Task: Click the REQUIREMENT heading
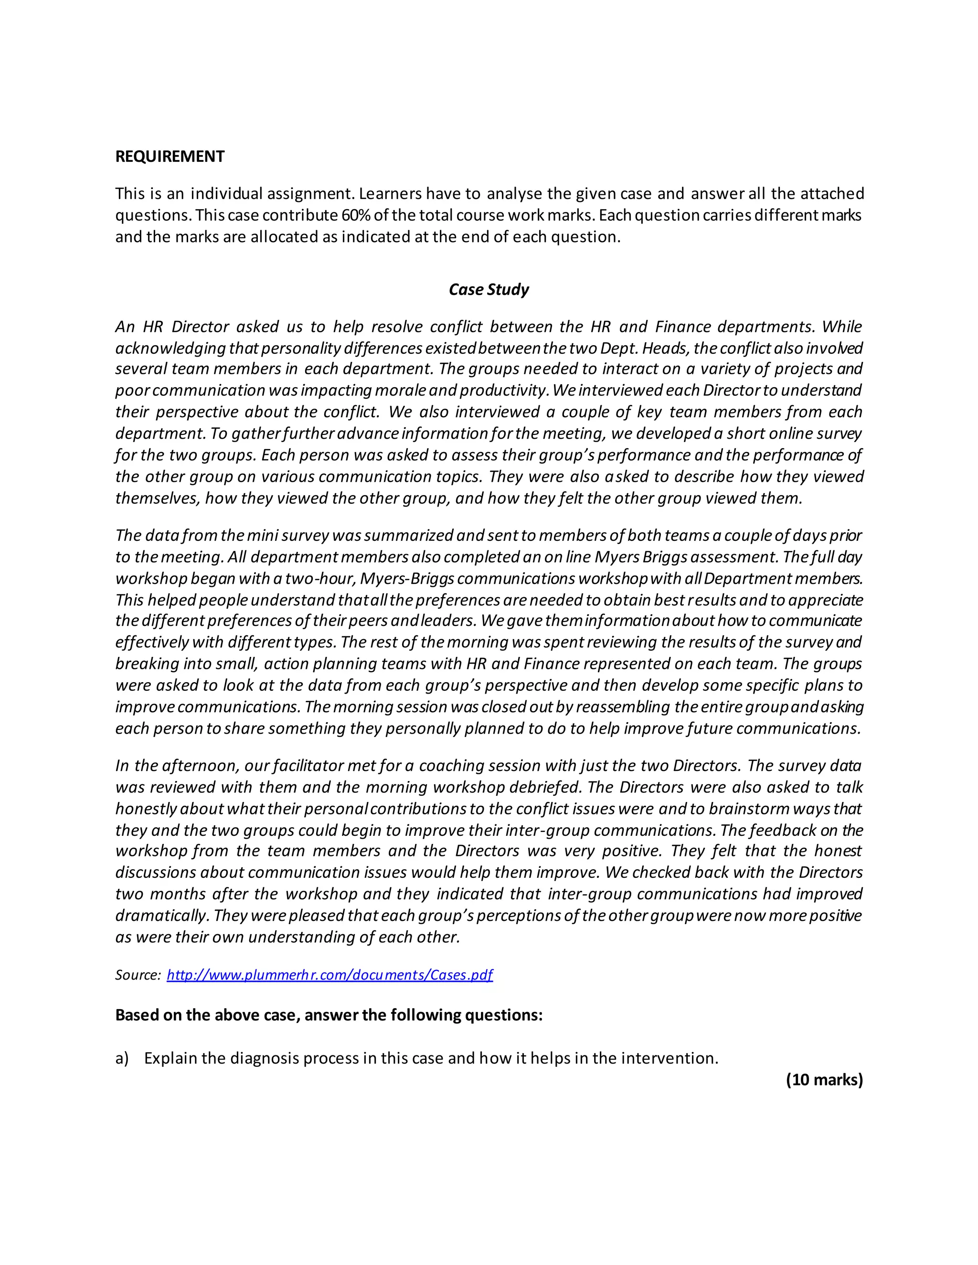(x=170, y=157)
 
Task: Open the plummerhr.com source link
(x=329, y=974)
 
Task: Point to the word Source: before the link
(x=138, y=975)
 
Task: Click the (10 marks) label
(x=824, y=1079)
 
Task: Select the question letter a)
(x=122, y=1058)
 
